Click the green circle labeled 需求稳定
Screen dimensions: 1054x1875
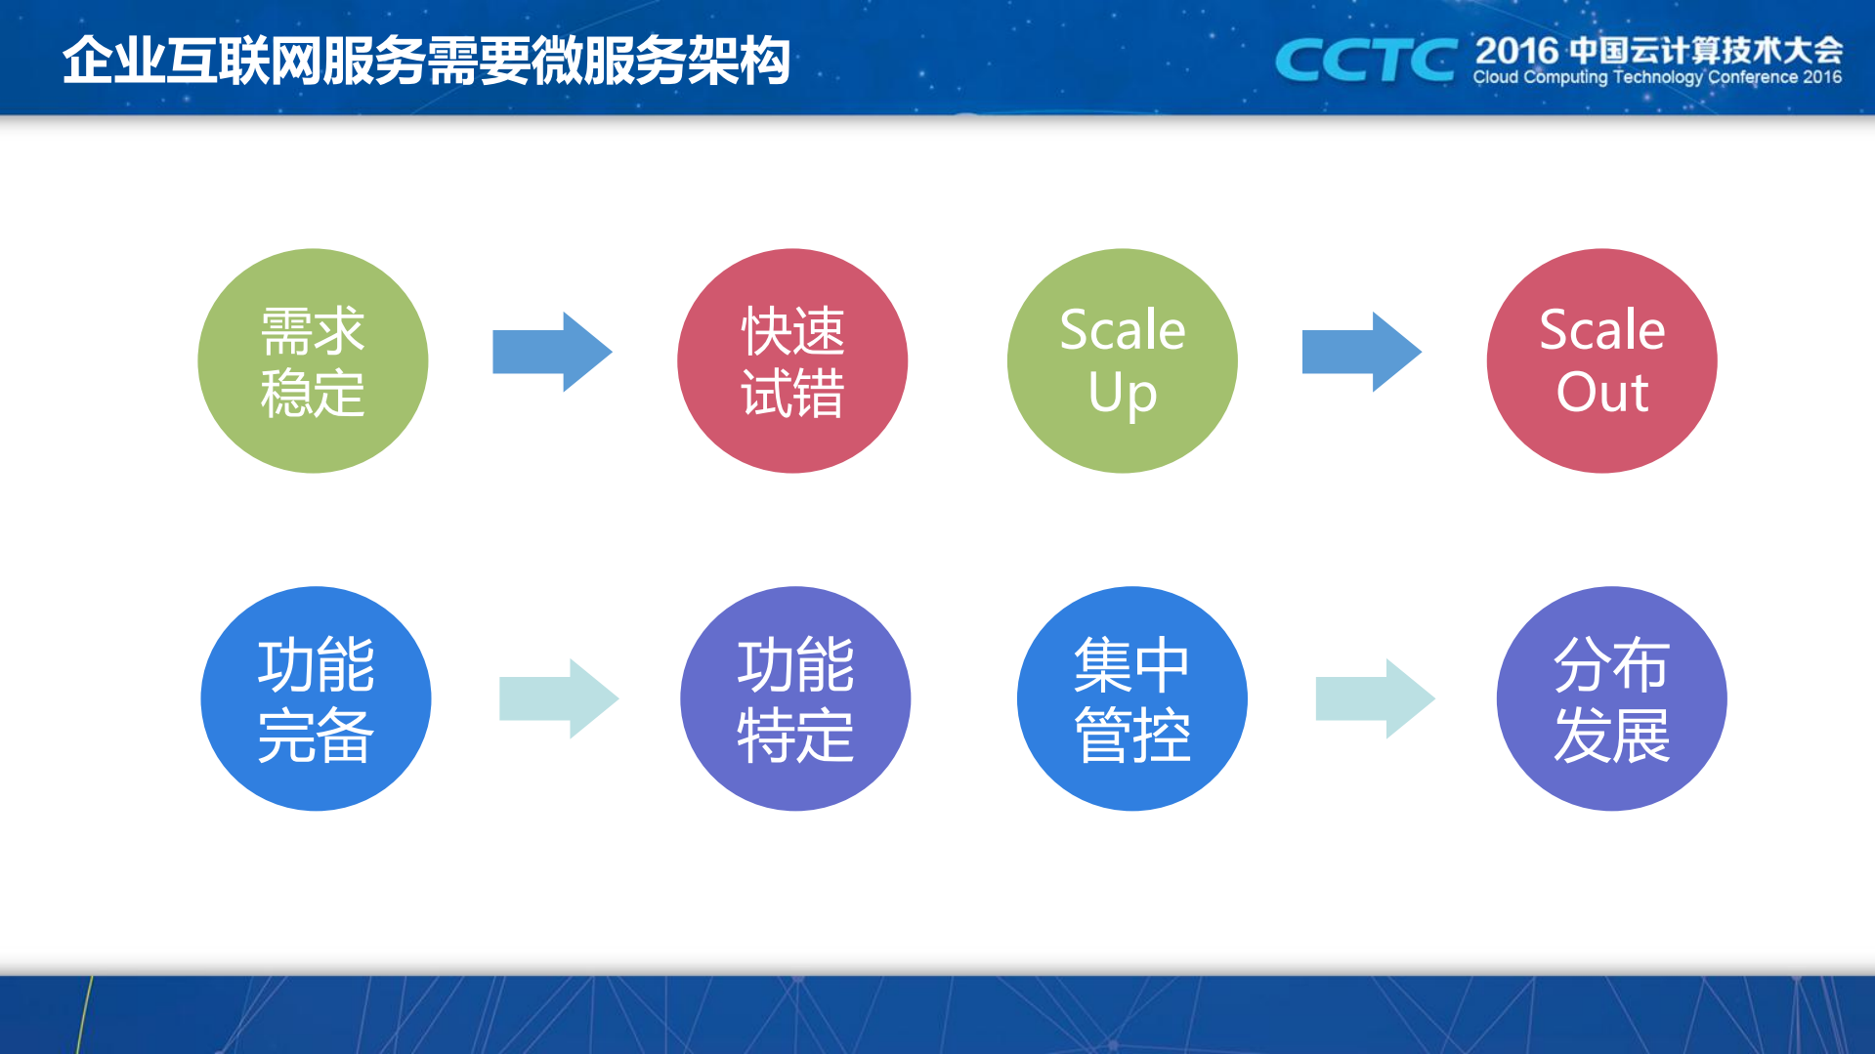pyautogui.click(x=313, y=360)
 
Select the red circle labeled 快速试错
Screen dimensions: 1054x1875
pyautogui.click(x=792, y=360)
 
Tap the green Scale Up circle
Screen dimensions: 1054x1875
pyautogui.click(x=1122, y=360)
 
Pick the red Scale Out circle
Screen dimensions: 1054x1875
pyautogui.click(x=1601, y=360)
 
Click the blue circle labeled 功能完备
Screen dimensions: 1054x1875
pyautogui.click(x=316, y=698)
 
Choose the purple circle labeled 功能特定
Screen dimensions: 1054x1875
pyautogui.click(x=795, y=698)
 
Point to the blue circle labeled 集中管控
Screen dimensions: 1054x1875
pyautogui.click(x=1131, y=698)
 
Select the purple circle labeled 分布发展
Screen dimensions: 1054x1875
pyautogui.click(x=1611, y=698)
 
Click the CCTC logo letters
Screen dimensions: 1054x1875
pyautogui.click(x=1365, y=61)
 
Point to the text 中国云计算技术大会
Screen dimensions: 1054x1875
pyautogui.click(x=1706, y=50)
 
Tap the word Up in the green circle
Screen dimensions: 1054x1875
pyautogui.click(x=1122, y=393)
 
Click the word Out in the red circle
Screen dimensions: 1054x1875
pyautogui.click(x=1601, y=393)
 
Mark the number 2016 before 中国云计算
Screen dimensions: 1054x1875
pyautogui.click(x=1516, y=50)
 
